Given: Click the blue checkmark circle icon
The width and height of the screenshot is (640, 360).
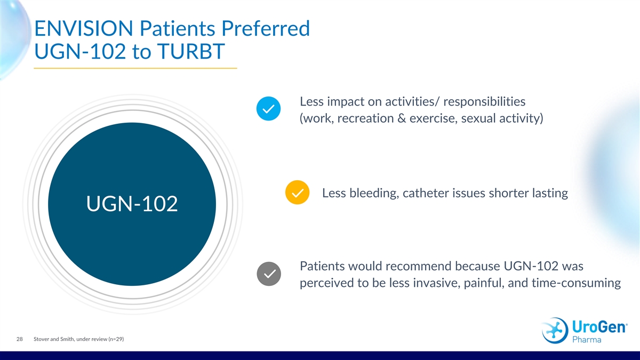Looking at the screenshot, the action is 268,109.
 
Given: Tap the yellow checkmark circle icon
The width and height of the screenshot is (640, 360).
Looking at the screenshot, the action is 297,193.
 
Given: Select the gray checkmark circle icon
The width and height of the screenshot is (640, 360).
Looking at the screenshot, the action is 269,274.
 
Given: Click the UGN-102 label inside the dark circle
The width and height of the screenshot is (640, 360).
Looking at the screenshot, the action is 132,204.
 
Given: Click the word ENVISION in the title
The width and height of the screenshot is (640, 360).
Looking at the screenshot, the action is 84,28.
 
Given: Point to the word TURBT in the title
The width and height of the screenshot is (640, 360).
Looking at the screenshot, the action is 191,51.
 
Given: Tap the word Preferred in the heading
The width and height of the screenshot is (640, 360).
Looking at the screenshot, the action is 266,28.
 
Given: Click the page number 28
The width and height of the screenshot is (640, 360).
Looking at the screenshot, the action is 19,339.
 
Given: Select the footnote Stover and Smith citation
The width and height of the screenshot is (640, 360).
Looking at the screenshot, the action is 78,339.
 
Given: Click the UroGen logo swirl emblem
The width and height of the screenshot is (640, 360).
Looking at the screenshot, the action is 555,330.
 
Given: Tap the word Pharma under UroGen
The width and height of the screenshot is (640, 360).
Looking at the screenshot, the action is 587,339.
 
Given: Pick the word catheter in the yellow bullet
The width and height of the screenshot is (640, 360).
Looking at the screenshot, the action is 423,193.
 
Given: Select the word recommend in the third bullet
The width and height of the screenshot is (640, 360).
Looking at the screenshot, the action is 418,266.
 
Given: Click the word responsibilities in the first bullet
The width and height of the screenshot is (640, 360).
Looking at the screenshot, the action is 484,102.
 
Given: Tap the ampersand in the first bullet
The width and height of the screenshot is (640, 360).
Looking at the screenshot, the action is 402,118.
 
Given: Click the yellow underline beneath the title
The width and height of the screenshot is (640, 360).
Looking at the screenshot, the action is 135,68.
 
